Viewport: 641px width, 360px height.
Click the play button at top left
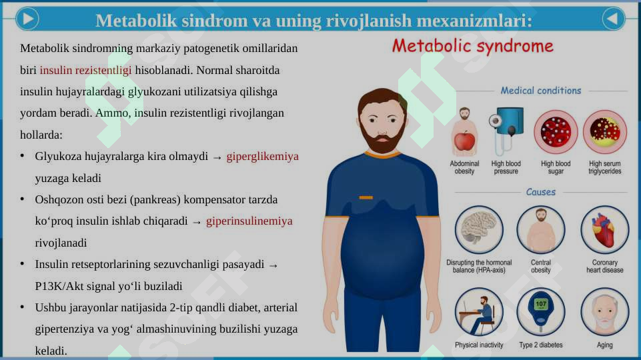(x=27, y=19)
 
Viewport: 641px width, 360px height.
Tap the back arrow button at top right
(x=614, y=19)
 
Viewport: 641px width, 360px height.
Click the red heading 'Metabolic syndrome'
(x=472, y=46)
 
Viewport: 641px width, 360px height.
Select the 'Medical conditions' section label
(x=540, y=91)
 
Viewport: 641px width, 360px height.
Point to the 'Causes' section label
(x=540, y=192)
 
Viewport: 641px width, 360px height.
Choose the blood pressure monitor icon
(x=506, y=131)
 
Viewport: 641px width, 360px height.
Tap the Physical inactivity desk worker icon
(x=479, y=312)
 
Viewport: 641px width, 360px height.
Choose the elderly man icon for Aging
(x=604, y=312)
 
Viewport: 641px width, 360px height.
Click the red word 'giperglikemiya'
(x=262, y=157)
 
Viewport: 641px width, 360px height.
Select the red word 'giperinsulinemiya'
(x=249, y=221)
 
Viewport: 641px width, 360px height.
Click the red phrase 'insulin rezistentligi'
(x=85, y=70)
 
